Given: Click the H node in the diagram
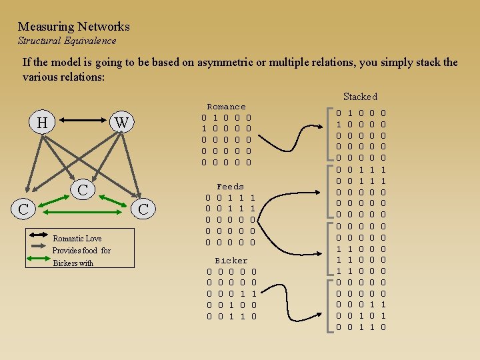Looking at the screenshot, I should click(x=42, y=123).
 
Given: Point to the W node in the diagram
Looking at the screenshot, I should click(x=121, y=123).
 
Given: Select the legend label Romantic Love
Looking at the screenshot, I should click(x=77, y=239).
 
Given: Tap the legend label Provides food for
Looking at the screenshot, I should click(x=81, y=251).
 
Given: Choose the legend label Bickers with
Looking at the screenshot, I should click(x=73, y=263).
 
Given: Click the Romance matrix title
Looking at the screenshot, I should click(x=227, y=107).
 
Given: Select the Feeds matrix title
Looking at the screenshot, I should click(x=231, y=187).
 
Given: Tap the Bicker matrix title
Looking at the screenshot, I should click(x=231, y=261).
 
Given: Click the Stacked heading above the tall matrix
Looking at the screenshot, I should click(x=360, y=97).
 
